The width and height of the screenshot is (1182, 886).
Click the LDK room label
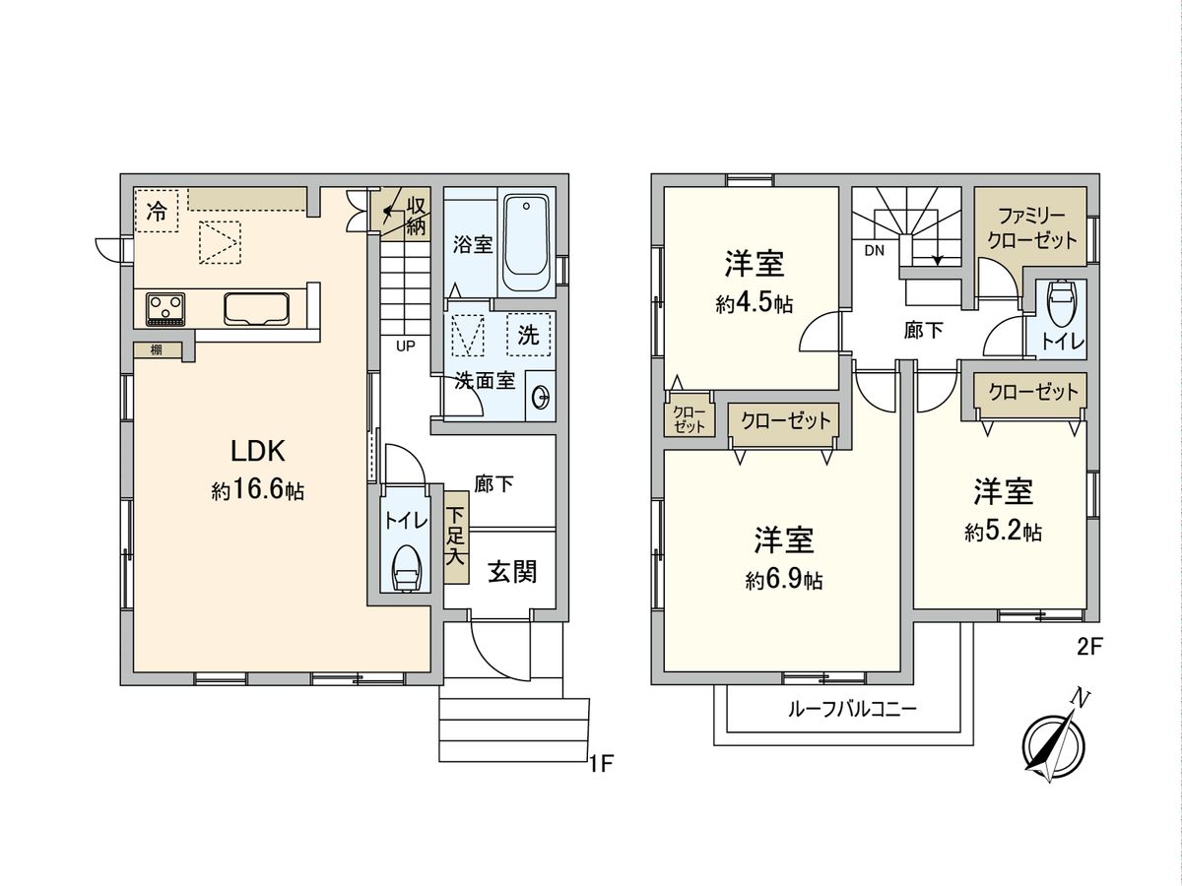[257, 452]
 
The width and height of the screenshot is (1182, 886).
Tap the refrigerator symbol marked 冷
[157, 210]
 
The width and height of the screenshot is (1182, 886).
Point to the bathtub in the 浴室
[528, 243]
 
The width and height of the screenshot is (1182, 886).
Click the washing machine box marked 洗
[529, 335]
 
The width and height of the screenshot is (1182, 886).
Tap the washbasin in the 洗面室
[540, 398]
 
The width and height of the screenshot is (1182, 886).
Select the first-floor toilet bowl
[406, 569]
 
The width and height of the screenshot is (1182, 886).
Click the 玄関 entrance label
[512, 572]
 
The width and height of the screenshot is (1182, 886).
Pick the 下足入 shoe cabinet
[455, 536]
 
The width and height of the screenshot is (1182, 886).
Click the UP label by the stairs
[405, 347]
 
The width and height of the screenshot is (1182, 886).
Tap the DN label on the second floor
[875, 250]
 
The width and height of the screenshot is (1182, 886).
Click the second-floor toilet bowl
[1062, 301]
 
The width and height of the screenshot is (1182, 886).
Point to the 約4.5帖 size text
[754, 304]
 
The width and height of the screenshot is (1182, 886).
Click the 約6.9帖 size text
[783, 581]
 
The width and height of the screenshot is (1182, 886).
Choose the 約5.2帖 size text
[1003, 533]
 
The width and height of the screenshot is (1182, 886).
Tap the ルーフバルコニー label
[851, 709]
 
